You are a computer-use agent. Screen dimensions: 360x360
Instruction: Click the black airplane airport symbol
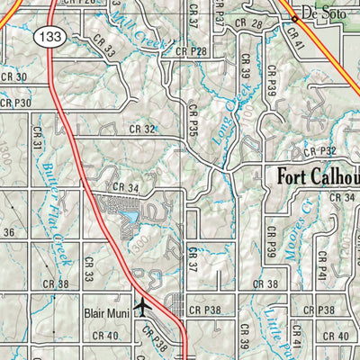pyautogui.click(x=141, y=307)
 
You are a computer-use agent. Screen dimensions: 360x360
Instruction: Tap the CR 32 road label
pyautogui.click(x=143, y=129)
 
